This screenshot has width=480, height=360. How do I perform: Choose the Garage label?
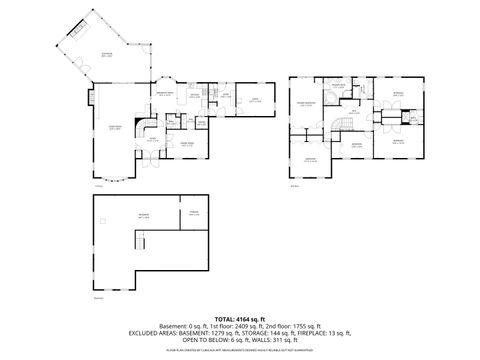point(254,100)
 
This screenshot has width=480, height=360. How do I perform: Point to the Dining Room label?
point(187,145)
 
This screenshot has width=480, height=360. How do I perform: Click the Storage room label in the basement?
point(195,213)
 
